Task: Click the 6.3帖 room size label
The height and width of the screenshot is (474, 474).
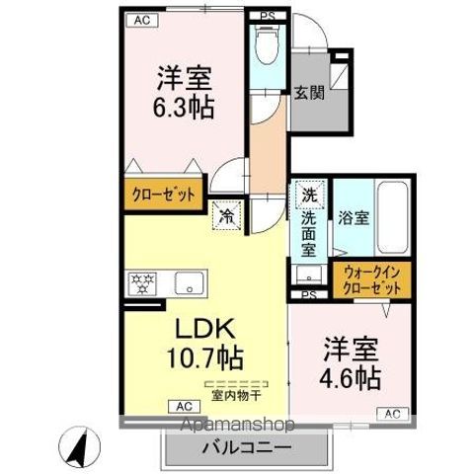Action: (x=185, y=105)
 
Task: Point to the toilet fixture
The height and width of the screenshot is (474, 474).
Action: (x=265, y=45)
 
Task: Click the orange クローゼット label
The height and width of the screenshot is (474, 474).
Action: (x=164, y=194)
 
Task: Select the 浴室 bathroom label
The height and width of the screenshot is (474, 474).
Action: (x=354, y=218)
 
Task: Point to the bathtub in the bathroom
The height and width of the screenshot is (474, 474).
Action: (x=392, y=218)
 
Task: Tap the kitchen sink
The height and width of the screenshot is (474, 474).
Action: (x=186, y=284)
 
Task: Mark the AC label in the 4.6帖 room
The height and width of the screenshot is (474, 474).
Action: (x=391, y=413)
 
